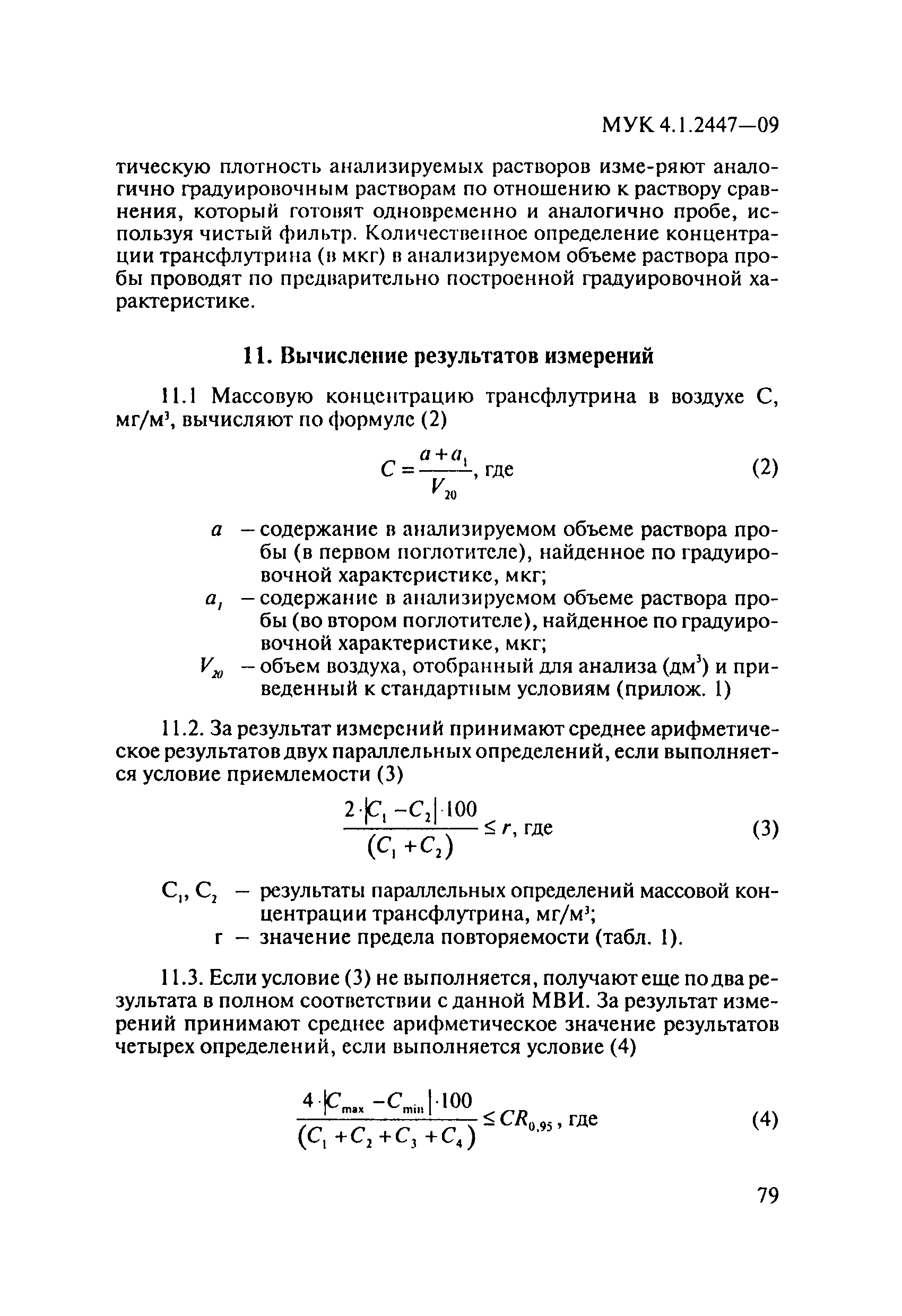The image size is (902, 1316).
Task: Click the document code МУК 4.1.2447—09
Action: pyautogui.click(x=690, y=125)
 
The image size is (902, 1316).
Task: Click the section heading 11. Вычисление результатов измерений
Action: pyautogui.click(x=448, y=356)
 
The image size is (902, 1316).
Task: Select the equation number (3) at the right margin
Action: pyautogui.click(x=765, y=829)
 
